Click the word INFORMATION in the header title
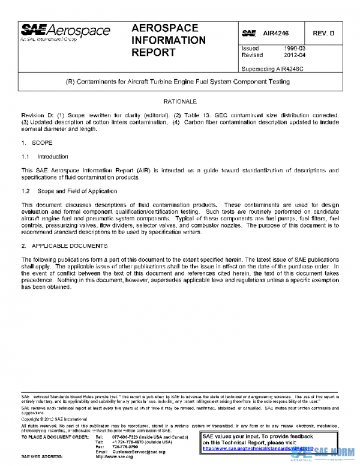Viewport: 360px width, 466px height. click(168, 40)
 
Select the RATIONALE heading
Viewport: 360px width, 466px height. click(180, 102)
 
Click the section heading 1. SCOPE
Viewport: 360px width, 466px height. click(37, 144)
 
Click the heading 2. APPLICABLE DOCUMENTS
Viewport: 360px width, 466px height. click(64, 246)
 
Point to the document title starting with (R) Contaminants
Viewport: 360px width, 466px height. click(180, 80)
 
